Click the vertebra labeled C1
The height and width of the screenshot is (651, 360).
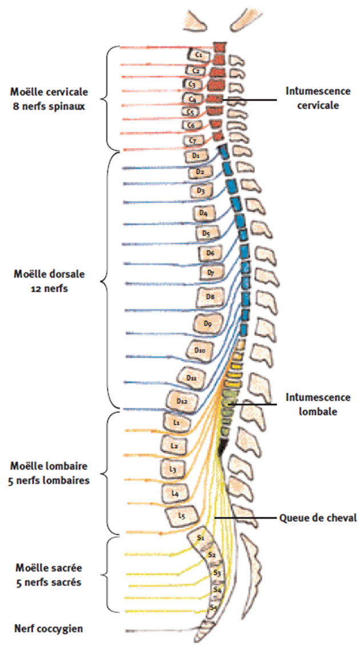pyautogui.click(x=199, y=55)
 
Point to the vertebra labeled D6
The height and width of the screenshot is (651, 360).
pyautogui.click(x=210, y=252)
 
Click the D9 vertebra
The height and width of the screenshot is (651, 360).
pyautogui.click(x=207, y=324)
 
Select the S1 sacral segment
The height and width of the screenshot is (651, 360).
pyautogui.click(x=201, y=538)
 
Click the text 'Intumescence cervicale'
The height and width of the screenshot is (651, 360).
pyautogui.click(x=318, y=98)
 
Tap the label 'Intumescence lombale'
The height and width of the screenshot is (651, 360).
pyautogui.click(x=318, y=404)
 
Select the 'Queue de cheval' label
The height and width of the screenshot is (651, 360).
pyautogui.click(x=318, y=518)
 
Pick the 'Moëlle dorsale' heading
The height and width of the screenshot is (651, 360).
pyautogui.click(x=49, y=274)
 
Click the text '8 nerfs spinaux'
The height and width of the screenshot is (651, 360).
pyautogui.click(x=49, y=106)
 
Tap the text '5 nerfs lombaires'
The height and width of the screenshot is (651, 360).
pyautogui.click(x=49, y=480)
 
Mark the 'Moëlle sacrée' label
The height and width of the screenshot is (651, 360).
pyautogui.click(x=49, y=569)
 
